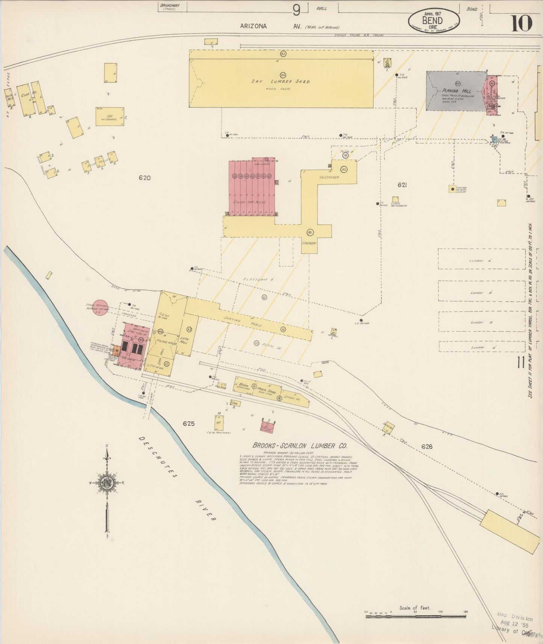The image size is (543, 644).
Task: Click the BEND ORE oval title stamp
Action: click(434, 20)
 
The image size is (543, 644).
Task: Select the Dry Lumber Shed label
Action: click(281, 82)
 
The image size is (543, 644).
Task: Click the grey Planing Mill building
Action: click(456, 91)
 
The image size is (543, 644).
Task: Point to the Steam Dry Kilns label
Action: click(250, 202)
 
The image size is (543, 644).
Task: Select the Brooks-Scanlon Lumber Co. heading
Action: click(299, 446)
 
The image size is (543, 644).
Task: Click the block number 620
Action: click(144, 178)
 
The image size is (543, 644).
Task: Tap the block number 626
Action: click(427, 446)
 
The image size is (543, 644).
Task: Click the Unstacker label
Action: click(329, 177)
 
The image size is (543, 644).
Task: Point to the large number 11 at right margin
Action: click(521, 363)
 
